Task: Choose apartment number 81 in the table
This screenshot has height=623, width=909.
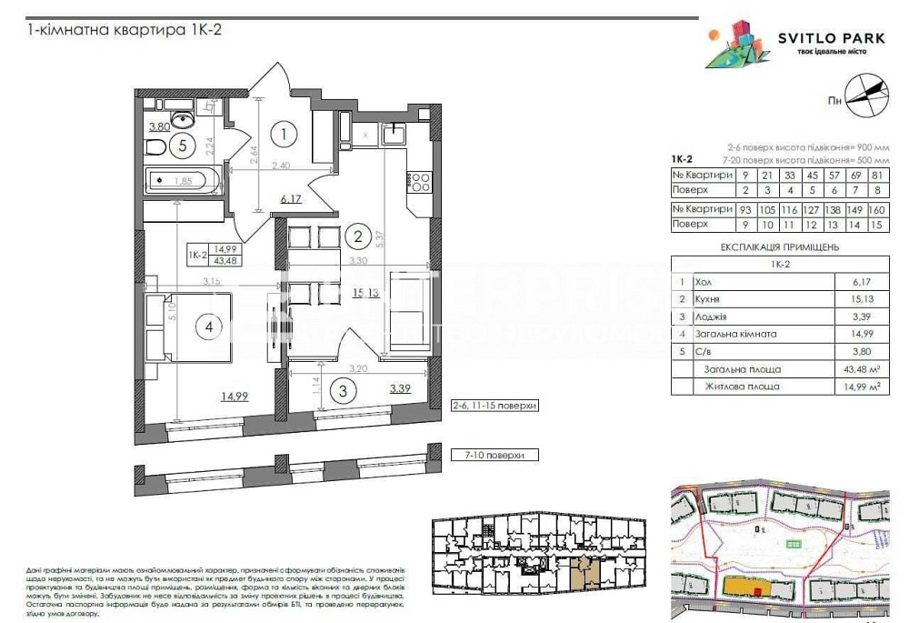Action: [876, 175]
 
